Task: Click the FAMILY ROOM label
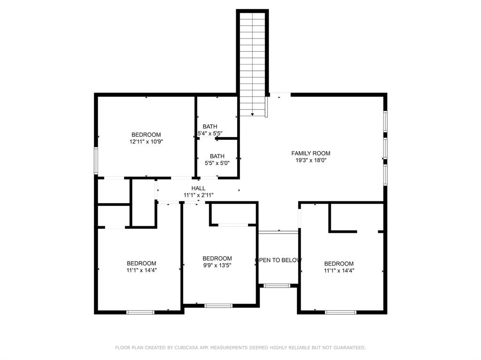(x=310, y=153)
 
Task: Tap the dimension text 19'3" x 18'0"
(x=310, y=160)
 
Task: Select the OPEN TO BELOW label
(x=278, y=260)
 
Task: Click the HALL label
(x=198, y=188)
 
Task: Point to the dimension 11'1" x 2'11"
(x=198, y=195)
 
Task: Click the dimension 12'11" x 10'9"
(x=146, y=141)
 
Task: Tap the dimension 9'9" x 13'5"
(x=217, y=265)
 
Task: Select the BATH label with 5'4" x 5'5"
(x=210, y=126)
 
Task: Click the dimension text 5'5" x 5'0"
(x=217, y=163)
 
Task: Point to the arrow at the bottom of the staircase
(x=253, y=114)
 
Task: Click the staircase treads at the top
(x=253, y=28)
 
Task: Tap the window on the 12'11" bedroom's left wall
(x=96, y=161)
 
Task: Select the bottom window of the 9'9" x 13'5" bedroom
(x=218, y=306)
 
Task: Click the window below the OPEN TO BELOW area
(x=277, y=285)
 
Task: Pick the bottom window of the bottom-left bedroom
(x=140, y=312)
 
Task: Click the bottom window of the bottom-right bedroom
(x=341, y=312)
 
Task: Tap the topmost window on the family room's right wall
(x=385, y=122)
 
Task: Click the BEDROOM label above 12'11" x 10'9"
(x=146, y=135)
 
